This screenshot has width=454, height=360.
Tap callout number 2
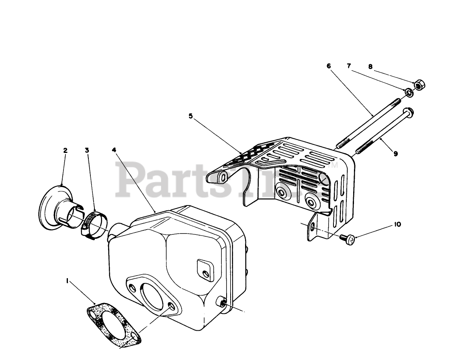(65, 151)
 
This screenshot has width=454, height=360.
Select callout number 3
(87, 151)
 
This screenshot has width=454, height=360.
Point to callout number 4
(114, 150)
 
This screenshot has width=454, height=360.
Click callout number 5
(190, 116)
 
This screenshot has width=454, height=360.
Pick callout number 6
(329, 66)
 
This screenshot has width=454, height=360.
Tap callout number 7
(349, 65)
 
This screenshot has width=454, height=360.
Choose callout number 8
(370, 67)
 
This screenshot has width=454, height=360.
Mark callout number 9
(396, 153)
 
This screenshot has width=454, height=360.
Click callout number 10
(397, 225)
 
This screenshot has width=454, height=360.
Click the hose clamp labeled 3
(93, 223)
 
